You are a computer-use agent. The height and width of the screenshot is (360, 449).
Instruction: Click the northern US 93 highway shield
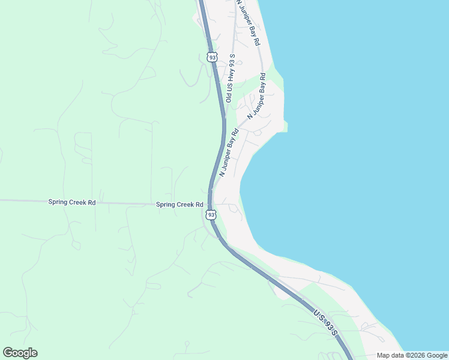211,57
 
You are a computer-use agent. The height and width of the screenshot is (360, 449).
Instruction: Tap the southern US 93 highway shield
210,214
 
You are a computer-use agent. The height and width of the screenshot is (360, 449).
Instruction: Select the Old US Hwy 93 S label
231,78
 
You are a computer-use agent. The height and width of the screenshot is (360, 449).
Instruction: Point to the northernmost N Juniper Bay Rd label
248,22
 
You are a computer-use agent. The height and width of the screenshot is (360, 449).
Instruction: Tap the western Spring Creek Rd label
72,203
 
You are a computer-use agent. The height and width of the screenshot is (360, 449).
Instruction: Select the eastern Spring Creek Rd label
179,205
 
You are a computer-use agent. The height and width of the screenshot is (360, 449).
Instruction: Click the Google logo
20,353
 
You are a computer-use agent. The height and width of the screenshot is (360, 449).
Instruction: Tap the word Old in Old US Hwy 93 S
229,96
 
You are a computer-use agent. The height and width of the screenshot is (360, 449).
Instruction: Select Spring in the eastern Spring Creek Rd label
166,205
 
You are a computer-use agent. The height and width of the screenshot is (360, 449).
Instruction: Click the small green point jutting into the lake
286,126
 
